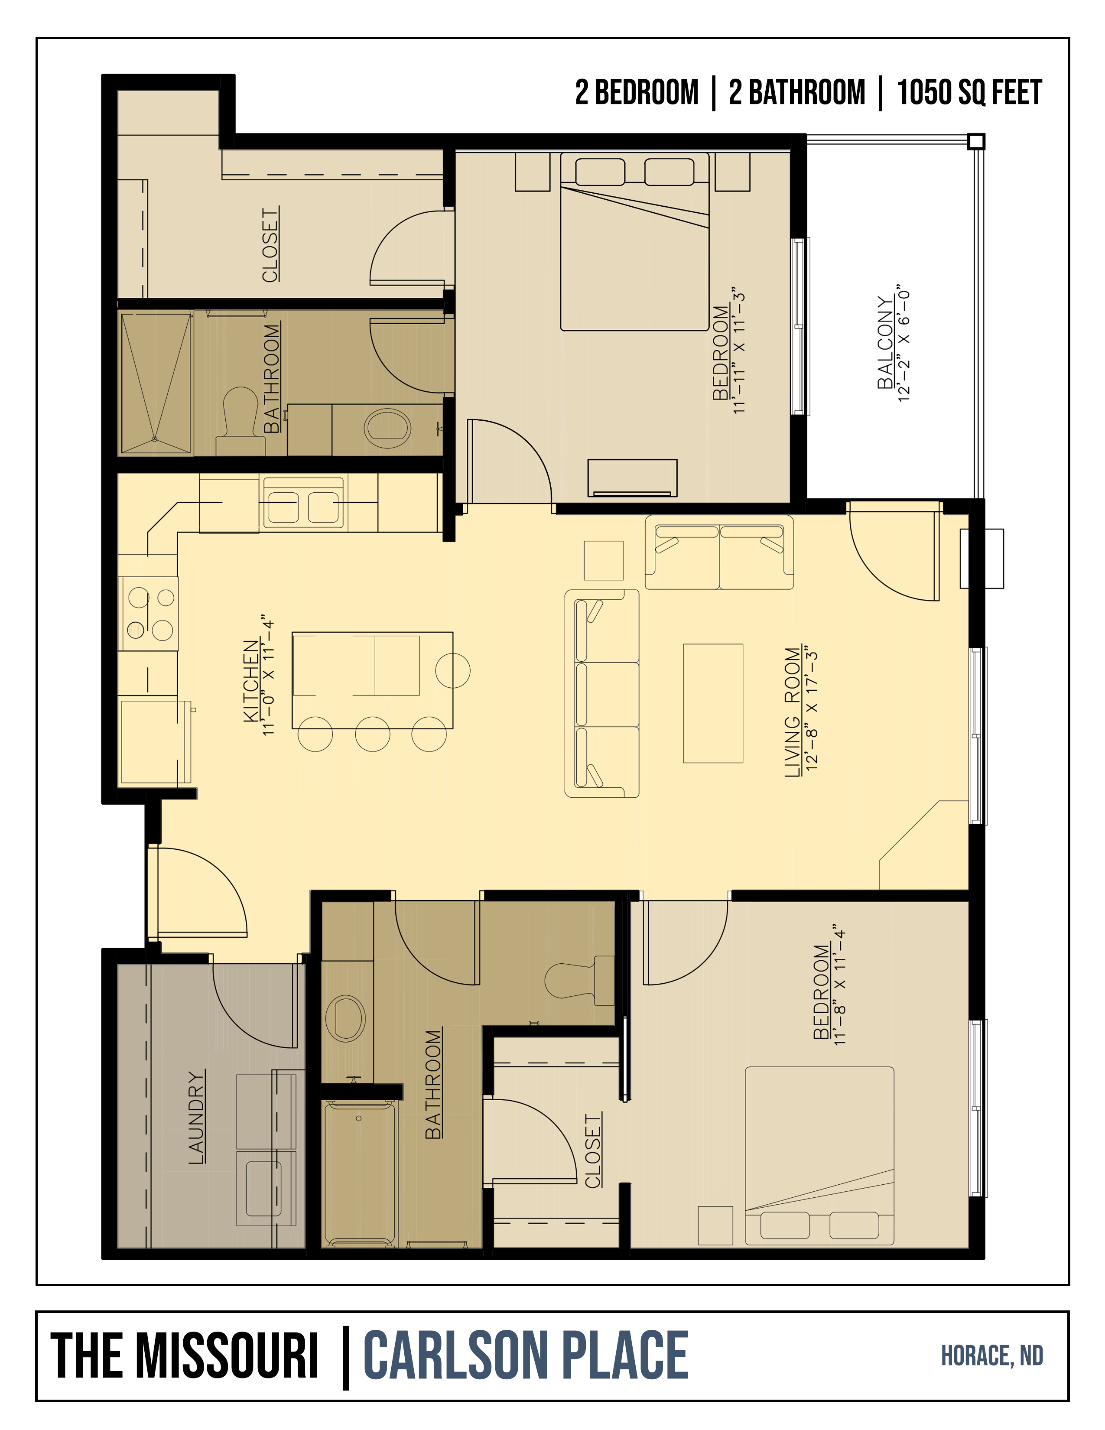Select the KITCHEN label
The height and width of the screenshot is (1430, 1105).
click(x=251, y=681)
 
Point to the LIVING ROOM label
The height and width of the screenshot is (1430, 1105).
click(x=793, y=712)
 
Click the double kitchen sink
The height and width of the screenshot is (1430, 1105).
click(x=302, y=502)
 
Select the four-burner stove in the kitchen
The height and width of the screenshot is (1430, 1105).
click(x=149, y=614)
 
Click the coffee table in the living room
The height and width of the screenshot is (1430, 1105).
click(x=713, y=703)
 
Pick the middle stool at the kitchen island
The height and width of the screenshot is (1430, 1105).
click(x=373, y=734)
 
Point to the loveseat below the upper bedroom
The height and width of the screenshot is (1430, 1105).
click(x=719, y=552)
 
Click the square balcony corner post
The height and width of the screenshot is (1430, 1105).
click(x=976, y=141)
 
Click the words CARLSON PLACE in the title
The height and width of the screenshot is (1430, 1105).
click(x=526, y=1355)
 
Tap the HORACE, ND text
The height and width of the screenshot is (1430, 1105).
click(x=992, y=1356)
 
